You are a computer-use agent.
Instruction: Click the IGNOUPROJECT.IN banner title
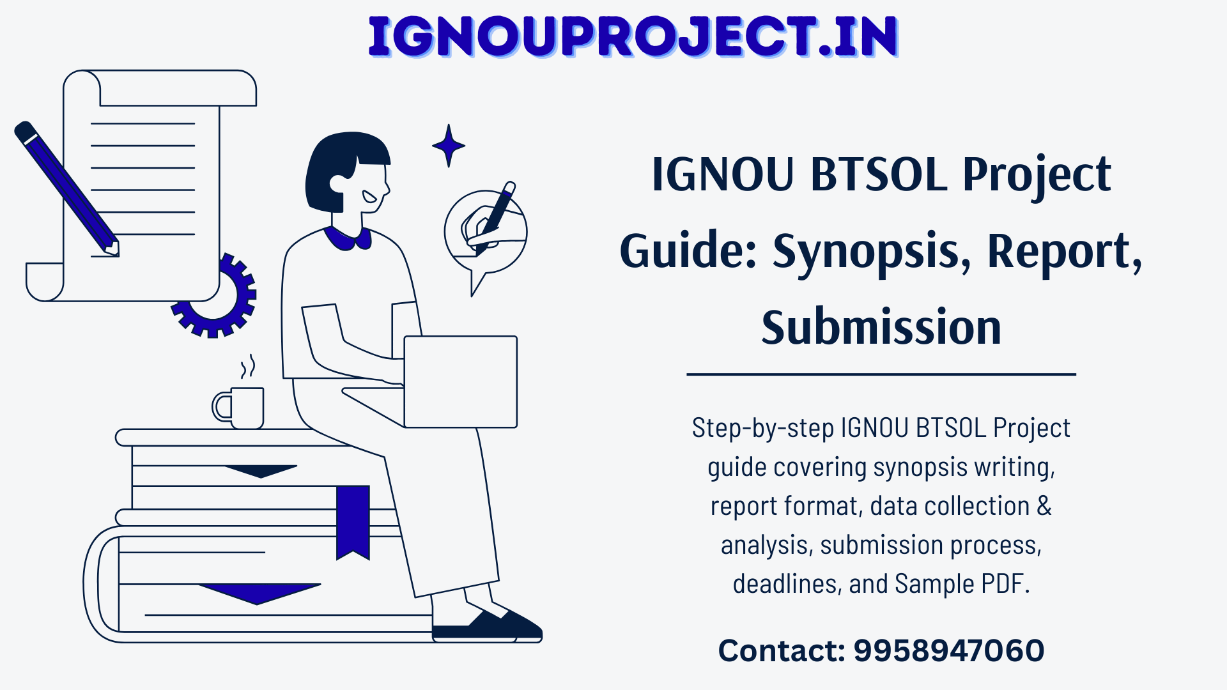[633, 36]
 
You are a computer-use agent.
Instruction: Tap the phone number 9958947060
[948, 650]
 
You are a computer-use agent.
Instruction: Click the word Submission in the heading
[881, 327]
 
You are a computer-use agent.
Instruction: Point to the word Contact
[781, 650]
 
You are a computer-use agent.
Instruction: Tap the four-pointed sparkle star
[449, 146]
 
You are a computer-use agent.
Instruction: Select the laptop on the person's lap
[460, 381]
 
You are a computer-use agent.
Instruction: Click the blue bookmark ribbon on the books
[353, 520]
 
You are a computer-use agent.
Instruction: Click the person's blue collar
[348, 238]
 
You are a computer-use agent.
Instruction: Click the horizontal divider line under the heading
[881, 374]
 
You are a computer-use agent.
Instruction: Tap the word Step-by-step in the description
[762, 428]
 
